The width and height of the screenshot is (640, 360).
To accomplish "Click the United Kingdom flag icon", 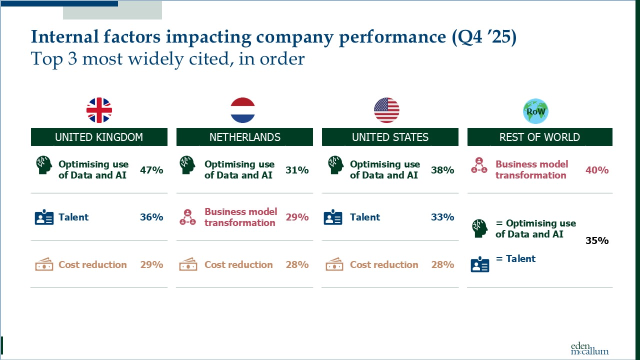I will coord(99,110).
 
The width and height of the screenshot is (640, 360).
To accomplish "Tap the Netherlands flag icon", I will coord(242,110).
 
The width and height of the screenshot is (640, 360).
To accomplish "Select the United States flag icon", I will coord(386,110).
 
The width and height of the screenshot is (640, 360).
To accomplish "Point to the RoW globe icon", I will coord(535,111).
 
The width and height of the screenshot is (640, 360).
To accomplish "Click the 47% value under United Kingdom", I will coord(151,170).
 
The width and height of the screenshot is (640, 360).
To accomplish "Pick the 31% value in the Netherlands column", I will coord(297,170).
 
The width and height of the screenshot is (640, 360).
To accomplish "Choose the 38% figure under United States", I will coord(442,170).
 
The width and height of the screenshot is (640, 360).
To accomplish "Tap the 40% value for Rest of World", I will coord(597,170).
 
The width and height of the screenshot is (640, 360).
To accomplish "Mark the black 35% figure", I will coord(597,240).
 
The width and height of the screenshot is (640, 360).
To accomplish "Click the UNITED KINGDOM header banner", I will coord(99,137).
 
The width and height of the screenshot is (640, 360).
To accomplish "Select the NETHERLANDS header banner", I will coord(244,137).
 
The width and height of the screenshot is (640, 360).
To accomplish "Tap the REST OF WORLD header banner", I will coord(539,137).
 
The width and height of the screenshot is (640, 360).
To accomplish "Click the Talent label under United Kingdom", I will coord(73,217).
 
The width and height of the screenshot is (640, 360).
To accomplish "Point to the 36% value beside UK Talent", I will coord(151,217).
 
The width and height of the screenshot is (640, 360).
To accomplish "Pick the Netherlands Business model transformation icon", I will coord(187,217).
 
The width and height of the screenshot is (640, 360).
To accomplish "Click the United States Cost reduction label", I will coord(384,264).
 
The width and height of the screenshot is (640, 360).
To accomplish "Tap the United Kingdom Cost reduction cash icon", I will coord(44,264).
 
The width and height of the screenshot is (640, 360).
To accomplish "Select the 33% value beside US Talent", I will coord(442,217).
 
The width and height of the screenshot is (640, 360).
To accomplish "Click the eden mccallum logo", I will coord(589,348).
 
